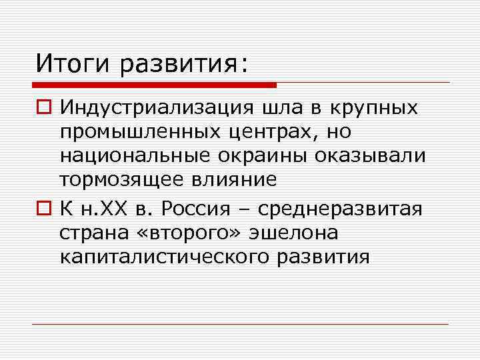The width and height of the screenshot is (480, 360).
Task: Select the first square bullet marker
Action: tap(43, 108)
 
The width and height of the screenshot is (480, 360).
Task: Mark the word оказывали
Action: tap(373, 157)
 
